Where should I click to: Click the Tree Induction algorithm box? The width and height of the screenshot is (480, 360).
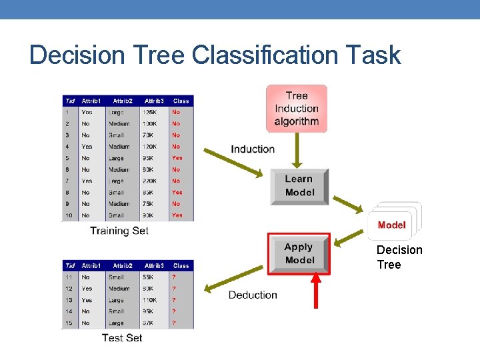tap(297, 108)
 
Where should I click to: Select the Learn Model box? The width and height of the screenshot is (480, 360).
tap(299, 186)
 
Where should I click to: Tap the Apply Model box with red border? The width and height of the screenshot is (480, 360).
tap(299, 254)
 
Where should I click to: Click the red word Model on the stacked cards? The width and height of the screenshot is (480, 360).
tap(391, 225)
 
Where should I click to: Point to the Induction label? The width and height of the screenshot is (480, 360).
tap(253, 149)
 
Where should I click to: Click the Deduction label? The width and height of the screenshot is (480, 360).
tap(253, 295)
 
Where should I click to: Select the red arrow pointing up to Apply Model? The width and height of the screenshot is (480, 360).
tap(316, 291)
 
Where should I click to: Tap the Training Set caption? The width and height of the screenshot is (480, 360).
tap(119, 231)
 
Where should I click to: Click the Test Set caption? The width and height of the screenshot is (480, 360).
tap(122, 338)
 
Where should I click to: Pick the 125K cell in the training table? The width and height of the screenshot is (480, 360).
tap(150, 112)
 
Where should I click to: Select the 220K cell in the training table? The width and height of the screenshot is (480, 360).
tap(151, 181)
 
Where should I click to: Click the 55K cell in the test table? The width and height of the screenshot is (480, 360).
tap(151, 277)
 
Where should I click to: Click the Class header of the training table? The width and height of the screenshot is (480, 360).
tap(181, 101)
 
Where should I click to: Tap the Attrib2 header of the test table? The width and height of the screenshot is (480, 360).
tap(123, 265)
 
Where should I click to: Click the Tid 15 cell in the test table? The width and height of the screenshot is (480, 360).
tap(68, 323)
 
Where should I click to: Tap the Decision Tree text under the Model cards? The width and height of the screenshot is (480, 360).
tap(399, 257)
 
